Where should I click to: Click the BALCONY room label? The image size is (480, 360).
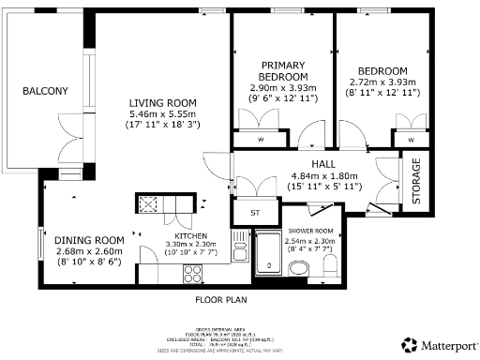[45, 91]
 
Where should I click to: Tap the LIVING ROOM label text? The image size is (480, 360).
[162, 102]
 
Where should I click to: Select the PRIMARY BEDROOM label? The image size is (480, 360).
[283, 70]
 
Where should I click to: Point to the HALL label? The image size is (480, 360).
[311, 163]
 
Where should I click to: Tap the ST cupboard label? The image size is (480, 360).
[253, 213]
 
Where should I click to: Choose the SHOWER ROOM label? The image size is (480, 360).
[310, 230]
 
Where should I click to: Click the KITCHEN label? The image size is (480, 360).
[191, 235]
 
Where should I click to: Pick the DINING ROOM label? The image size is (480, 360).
[89, 240]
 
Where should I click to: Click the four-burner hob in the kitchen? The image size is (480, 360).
[194, 273]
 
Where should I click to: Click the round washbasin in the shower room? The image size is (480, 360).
[299, 270]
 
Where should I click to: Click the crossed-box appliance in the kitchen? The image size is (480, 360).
[148, 203]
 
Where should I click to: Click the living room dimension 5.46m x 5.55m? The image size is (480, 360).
[162, 114]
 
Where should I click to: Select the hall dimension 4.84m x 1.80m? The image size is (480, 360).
[311, 174]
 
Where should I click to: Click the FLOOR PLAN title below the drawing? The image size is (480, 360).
[220, 302]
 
